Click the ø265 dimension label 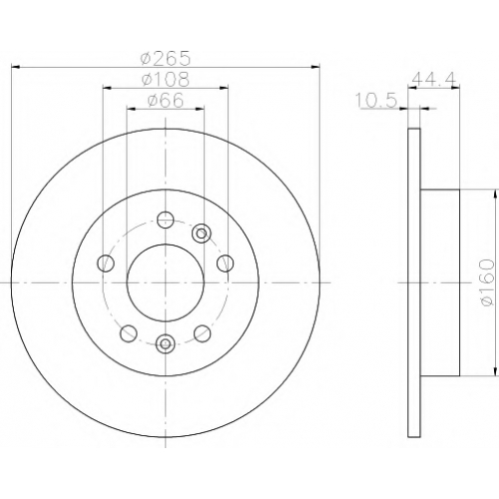tap(166, 58)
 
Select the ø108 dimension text tap(166, 79)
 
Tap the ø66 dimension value tap(166, 100)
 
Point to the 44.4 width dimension tap(433, 79)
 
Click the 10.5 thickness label tap(376, 100)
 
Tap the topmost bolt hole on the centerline tap(166, 220)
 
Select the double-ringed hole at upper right tap(202, 234)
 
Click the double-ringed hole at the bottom tap(166, 343)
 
